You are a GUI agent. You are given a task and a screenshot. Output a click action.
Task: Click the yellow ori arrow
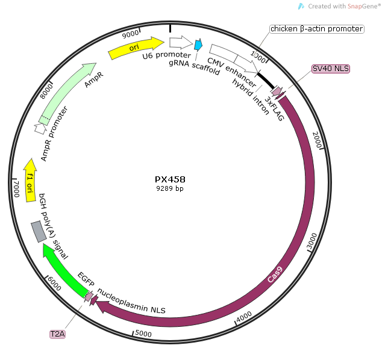click(x=136, y=48)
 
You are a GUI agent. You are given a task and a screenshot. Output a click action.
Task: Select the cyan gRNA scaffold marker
click(x=197, y=45)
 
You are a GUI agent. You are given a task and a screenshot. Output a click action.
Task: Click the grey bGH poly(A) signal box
click(x=39, y=231)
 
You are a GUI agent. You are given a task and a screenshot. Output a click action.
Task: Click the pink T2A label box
click(x=58, y=332)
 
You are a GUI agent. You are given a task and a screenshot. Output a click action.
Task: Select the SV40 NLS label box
click(x=330, y=69)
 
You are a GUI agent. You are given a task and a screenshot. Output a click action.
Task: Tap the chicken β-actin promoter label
click(x=316, y=28)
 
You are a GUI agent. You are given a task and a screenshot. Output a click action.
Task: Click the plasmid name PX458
click(x=170, y=179)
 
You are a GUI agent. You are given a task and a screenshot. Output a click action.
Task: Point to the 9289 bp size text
click(x=170, y=188)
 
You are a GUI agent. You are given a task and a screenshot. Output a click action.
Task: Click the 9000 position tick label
click(x=130, y=34)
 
